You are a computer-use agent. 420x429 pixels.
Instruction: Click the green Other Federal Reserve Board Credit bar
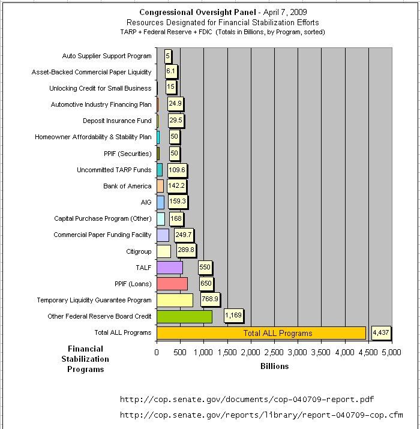(184, 317)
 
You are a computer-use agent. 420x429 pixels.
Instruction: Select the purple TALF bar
(170, 268)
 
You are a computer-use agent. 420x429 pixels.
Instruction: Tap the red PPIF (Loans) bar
(172, 284)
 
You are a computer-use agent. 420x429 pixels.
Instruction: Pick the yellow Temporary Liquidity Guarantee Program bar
(175, 300)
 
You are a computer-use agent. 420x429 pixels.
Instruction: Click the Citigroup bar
(164, 251)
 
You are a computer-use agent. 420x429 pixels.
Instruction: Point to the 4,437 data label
(380, 332)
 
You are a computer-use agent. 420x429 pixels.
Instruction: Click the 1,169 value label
(233, 316)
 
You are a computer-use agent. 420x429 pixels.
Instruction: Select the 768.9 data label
(210, 299)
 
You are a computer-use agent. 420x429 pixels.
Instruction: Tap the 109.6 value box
(177, 170)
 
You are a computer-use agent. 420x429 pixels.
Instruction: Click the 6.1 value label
(171, 71)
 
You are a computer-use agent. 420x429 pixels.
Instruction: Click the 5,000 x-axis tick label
(392, 352)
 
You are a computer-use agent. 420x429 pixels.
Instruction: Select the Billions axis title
(274, 367)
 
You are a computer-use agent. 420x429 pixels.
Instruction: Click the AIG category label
(146, 202)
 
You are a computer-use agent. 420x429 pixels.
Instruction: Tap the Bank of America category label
(127, 186)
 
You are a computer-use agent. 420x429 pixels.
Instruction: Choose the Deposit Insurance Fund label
(117, 121)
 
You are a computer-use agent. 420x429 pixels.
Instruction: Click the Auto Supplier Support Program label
(107, 56)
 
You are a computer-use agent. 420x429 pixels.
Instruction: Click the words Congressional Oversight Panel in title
(197, 13)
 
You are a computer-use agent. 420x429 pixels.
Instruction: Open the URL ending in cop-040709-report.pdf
(247, 400)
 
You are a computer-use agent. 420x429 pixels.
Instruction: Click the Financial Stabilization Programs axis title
(85, 359)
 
